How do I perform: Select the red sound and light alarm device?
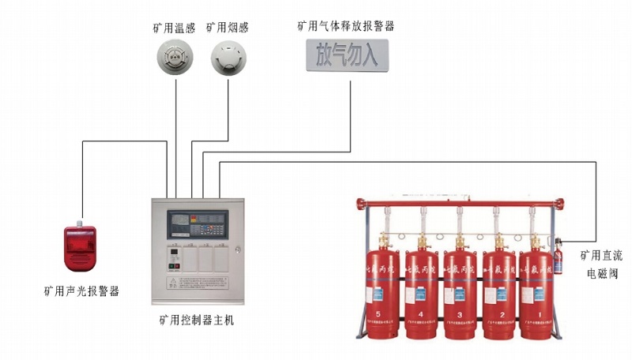[x=80, y=245]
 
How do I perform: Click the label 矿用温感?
[x=174, y=28]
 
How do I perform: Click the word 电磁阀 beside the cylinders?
[x=600, y=274]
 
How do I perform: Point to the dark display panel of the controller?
[x=196, y=220]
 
